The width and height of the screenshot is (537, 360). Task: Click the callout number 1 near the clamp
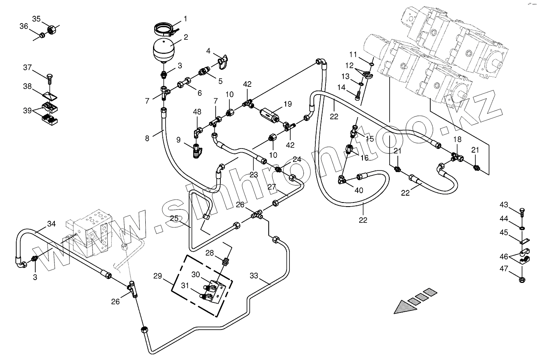coord(185,19)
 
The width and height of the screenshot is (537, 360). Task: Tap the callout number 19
coord(287,104)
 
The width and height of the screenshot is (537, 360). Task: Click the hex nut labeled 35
coord(52,29)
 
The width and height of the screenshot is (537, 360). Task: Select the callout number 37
coord(27,67)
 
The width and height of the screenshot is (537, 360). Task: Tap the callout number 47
coord(504,268)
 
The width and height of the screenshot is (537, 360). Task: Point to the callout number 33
coord(254,276)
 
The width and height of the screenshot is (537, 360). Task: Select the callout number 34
coord(51,224)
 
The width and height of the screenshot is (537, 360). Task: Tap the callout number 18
coord(457,139)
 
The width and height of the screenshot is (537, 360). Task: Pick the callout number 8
coord(147,138)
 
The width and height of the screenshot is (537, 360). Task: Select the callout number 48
coord(197,112)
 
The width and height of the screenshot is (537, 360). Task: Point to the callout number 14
coord(341,87)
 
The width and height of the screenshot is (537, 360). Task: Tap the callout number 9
coord(178,140)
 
